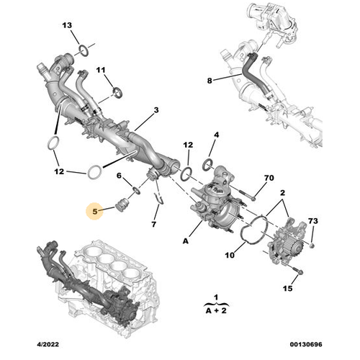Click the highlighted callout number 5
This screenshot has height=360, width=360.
click(95, 212)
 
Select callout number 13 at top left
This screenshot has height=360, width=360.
click(67, 25)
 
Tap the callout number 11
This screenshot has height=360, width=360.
click(101, 70)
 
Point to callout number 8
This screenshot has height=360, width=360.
click(210, 81)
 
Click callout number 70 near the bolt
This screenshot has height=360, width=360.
click(269, 178)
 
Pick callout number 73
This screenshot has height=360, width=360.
click(313, 221)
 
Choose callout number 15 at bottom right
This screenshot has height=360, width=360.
click(287, 288)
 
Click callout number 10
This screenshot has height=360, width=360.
click(230, 255)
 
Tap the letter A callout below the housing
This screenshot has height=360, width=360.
click(186, 240)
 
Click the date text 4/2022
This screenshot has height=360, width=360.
click(48, 344)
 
